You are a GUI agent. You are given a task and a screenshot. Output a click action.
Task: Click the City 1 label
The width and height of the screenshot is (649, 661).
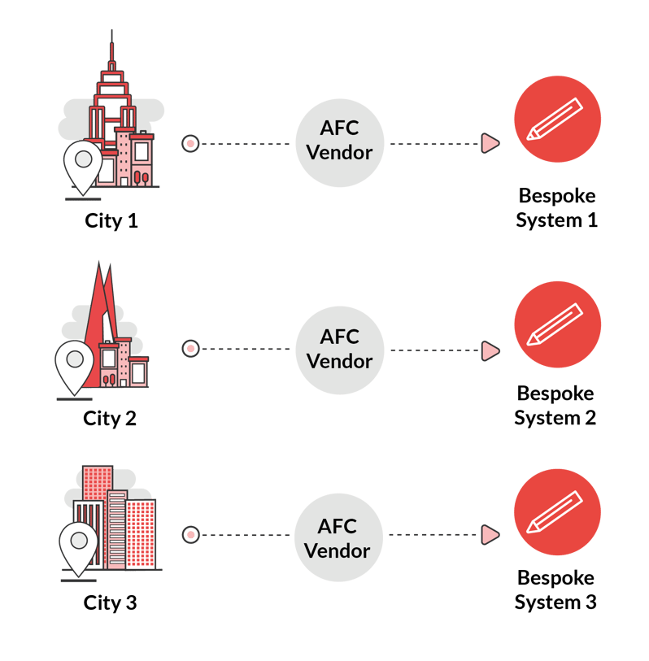[111, 220]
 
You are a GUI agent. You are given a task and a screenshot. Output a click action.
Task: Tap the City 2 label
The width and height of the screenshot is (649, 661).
[109, 419]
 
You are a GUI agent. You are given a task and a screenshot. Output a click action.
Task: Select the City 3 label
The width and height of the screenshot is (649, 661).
[110, 603]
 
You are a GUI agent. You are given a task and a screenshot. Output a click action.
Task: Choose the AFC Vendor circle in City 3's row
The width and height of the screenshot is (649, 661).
[337, 538]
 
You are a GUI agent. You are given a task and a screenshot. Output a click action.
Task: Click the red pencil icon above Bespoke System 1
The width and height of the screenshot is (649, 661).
[557, 120]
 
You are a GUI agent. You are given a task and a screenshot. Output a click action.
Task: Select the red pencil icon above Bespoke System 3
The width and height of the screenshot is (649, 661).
[557, 512]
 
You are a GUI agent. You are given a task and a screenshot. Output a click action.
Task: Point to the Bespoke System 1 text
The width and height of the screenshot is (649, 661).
[557, 208]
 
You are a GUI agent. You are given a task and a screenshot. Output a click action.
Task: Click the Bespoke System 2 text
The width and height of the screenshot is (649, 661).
[556, 406]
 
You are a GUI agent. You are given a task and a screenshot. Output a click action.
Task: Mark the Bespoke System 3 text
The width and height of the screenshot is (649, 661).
[556, 590]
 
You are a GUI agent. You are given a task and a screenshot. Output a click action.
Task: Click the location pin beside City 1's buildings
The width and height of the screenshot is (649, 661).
[83, 165]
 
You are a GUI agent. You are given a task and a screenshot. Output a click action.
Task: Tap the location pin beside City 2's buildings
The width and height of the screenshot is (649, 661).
[74, 364]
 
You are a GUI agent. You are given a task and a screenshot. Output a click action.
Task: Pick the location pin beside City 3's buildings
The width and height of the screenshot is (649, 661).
[78, 546]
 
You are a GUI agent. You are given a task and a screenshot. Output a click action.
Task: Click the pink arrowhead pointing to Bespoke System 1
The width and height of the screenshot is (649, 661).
[490, 144]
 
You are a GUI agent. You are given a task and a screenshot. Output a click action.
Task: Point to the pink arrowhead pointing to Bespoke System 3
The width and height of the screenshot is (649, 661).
[490, 534]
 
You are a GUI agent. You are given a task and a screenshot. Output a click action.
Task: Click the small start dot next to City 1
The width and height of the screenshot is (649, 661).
[190, 144]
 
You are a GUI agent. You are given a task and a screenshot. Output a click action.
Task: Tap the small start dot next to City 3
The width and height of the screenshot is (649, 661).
[190, 535]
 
